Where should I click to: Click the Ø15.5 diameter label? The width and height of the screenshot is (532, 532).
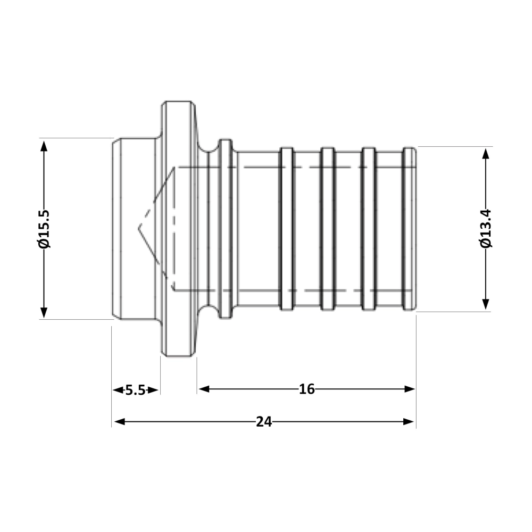[44, 229]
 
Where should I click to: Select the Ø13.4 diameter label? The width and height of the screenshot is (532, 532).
[486, 229]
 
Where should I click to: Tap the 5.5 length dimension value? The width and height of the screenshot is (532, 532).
[136, 390]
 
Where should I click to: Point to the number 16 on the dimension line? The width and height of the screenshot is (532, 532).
[306, 389]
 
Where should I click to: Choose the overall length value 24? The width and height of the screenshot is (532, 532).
[264, 422]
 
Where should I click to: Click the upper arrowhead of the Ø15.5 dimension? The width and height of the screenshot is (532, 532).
[44, 145]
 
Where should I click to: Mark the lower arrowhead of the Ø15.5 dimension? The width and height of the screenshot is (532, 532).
[44, 312]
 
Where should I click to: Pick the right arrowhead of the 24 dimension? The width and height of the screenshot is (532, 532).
[410, 422]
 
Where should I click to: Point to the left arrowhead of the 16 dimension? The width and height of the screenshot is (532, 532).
[203, 389]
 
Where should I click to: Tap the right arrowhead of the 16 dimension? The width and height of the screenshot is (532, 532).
[410, 389]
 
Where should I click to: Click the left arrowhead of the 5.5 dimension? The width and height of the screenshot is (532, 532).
[117, 390]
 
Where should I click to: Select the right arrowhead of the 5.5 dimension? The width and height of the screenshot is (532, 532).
[154, 390]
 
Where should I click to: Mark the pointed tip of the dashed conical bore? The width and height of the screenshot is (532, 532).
[139, 228]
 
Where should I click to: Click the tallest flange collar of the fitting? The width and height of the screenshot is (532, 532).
[178, 229]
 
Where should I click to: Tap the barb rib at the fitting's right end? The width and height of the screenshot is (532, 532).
[409, 229]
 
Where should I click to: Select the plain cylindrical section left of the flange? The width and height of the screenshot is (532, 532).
[136, 229]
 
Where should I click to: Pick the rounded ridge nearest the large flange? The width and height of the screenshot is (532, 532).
[226, 229]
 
